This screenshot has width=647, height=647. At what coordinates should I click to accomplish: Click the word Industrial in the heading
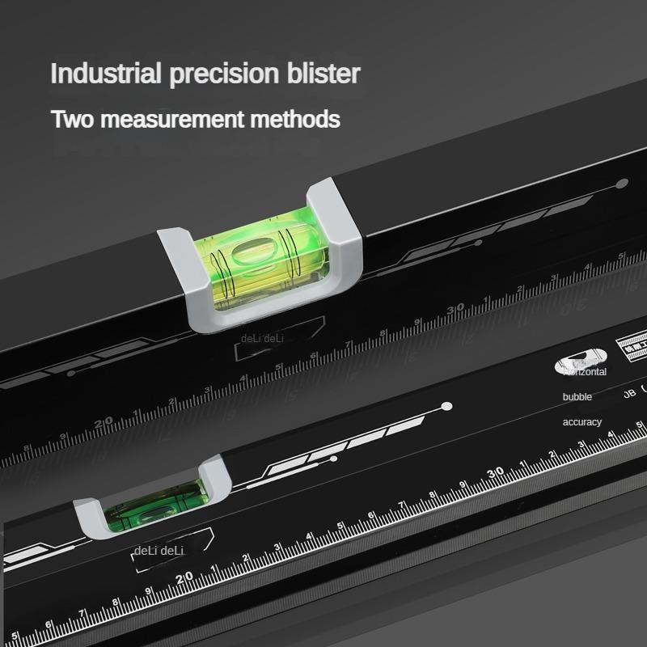tap(106, 74)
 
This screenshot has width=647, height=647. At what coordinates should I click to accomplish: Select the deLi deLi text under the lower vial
tap(160, 551)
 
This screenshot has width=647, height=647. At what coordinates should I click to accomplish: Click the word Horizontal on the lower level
tap(585, 372)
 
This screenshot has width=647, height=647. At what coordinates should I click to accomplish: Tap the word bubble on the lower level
tap(577, 397)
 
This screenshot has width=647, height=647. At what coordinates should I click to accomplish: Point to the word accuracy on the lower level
tap(582, 422)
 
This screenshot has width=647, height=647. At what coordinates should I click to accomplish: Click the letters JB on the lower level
tap(628, 395)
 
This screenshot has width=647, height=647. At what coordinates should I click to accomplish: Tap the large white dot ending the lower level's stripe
tap(446, 406)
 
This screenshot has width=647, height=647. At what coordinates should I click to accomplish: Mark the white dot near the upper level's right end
tap(621, 184)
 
